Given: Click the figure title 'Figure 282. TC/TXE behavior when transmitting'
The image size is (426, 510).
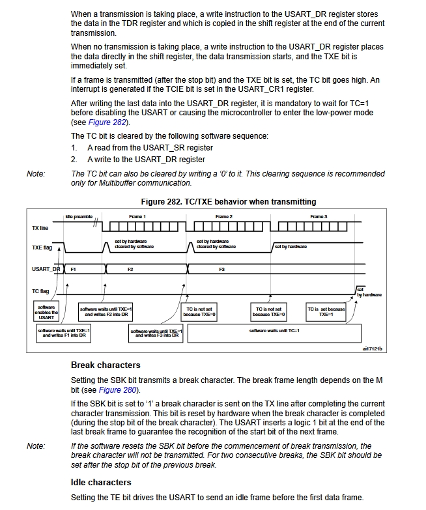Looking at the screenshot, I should pos(228,201).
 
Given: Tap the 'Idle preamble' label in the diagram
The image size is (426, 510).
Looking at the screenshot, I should pos(79,216).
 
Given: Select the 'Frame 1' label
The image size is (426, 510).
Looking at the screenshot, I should pos(137,216).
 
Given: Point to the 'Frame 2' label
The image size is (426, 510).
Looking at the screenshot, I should pos(224,216).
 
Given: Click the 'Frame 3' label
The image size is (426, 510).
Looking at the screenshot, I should pos(319,216).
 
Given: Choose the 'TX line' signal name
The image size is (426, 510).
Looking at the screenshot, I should pos(40,229).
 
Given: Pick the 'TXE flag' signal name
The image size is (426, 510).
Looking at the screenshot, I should pos(41,248).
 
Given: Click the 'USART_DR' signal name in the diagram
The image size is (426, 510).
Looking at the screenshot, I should pos(46,269).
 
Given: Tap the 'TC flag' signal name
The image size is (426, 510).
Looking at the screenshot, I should pos(40,291).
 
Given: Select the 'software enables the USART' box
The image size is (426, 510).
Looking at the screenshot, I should pos(46,312).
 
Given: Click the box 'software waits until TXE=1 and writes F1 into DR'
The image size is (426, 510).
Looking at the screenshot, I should pos(64,333).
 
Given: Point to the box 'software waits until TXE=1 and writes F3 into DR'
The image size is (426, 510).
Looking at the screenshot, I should pos(157,333).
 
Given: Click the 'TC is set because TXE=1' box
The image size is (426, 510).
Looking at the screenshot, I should pos(326,311).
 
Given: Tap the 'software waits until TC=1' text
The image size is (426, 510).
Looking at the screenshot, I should pos(274,331).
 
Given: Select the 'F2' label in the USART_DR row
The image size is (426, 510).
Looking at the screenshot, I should pos(130,269).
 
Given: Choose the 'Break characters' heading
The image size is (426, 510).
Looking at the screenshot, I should pos(106,365).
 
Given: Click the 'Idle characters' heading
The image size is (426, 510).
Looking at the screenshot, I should pos(101,482).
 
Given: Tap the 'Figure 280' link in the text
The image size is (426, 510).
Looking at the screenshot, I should pos(119,390).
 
